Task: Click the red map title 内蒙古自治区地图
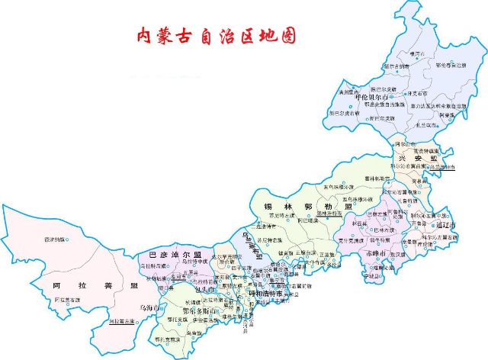214,36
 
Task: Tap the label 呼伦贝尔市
373,98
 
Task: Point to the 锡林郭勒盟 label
307,207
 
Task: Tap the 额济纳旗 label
53,239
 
